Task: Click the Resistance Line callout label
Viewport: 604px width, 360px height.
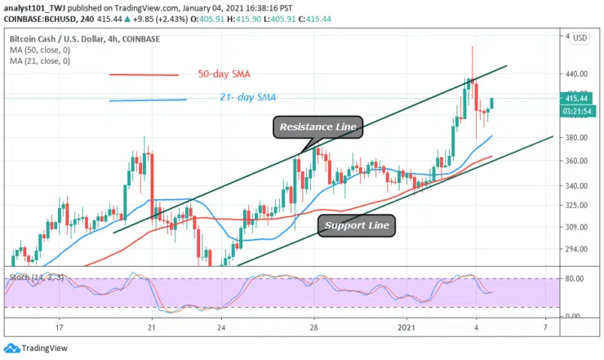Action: click(x=318, y=127)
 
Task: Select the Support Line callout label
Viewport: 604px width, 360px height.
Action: click(x=358, y=224)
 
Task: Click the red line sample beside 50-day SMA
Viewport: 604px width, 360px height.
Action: click(x=144, y=75)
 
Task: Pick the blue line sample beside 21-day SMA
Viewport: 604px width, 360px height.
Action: click(x=148, y=100)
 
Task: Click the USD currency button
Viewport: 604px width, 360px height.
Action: click(x=580, y=38)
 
